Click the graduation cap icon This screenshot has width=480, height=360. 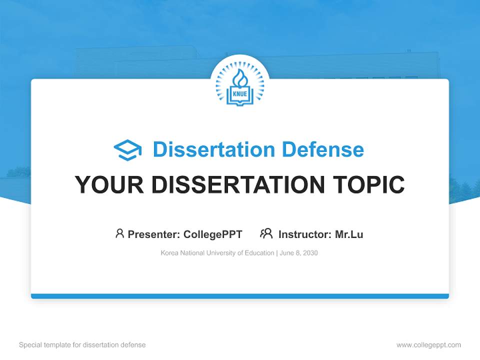pyautogui.click(x=127, y=150)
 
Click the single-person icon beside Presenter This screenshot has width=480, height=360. pyautogui.click(x=119, y=233)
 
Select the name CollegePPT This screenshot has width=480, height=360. pyautogui.click(x=212, y=234)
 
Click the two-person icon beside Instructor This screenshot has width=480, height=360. pyautogui.click(x=266, y=233)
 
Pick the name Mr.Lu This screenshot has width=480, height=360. pyautogui.click(x=349, y=234)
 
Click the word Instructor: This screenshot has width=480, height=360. pyautogui.click(x=304, y=234)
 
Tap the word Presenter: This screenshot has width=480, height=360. pyautogui.click(x=153, y=234)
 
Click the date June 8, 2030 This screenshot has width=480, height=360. pyautogui.click(x=299, y=253)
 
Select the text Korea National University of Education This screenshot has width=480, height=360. pyautogui.click(x=217, y=253)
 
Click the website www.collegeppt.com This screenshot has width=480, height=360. pyautogui.click(x=428, y=345)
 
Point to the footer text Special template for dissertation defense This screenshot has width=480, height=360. pyautogui.click(x=82, y=345)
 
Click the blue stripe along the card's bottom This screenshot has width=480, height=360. pyautogui.click(x=240, y=296)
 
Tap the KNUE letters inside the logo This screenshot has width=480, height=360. pyautogui.click(x=240, y=93)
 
